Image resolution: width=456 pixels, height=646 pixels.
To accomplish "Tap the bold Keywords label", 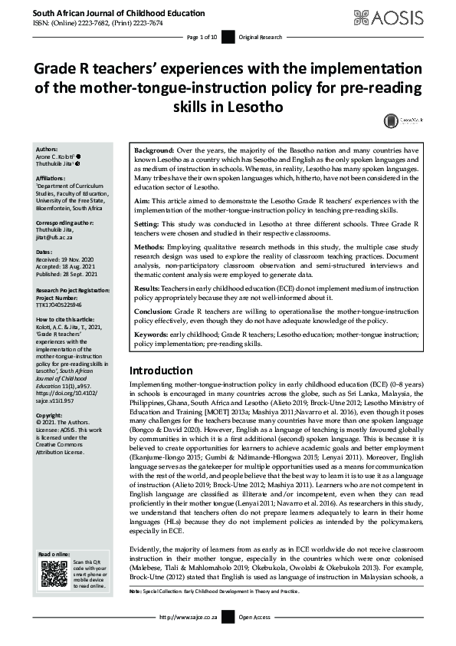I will click(153, 335).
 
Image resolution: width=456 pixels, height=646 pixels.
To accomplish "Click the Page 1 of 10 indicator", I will click(203, 37).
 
